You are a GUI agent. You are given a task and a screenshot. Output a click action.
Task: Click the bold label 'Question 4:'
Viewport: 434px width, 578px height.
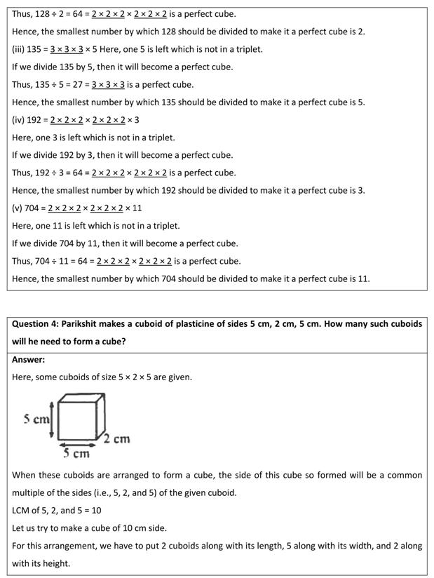34,324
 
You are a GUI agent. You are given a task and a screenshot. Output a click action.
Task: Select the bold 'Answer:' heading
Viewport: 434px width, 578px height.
28,359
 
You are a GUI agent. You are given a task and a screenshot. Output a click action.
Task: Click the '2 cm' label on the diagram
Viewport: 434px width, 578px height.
117,439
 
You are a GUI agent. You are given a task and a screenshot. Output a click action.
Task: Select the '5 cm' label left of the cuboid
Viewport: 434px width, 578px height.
36,419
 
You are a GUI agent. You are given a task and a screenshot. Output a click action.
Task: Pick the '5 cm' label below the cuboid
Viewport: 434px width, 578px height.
76,453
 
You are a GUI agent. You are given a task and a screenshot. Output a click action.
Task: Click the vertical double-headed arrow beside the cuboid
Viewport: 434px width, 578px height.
52,419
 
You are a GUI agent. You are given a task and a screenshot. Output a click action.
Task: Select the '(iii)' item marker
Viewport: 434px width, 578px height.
19,49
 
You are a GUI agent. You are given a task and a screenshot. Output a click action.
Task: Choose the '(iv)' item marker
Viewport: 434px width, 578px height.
19,120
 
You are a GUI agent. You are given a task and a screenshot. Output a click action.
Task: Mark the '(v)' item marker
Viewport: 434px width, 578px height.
18,208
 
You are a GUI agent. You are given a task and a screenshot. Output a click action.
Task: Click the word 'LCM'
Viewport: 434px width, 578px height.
22,510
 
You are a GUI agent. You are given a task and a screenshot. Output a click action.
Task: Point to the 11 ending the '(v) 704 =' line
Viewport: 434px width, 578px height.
137,208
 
